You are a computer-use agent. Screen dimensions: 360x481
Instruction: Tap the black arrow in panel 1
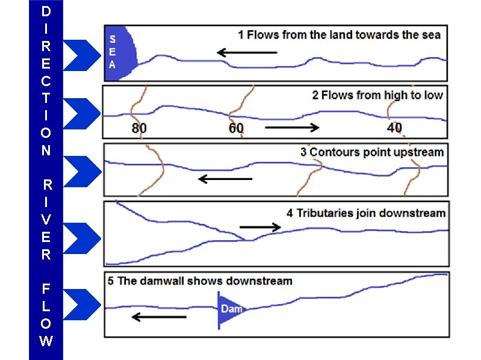point(247,53)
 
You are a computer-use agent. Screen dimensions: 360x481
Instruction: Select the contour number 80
point(139,128)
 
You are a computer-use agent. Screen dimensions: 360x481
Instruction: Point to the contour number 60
point(237,128)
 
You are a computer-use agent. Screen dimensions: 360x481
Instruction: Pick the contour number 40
point(394,128)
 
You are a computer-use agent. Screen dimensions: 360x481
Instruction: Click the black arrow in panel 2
point(292,128)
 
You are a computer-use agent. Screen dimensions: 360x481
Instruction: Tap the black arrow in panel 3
point(225,179)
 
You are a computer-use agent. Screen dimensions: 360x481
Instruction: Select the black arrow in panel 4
point(260,227)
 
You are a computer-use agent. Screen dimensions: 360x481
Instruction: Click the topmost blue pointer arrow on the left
point(81,55)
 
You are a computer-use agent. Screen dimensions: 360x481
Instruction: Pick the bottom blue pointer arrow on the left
point(81,303)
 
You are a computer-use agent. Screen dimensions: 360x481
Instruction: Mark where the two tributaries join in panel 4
point(246,240)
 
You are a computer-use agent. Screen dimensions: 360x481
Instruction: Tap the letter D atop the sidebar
point(46,11)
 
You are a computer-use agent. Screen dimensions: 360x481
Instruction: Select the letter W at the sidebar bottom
point(46,341)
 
